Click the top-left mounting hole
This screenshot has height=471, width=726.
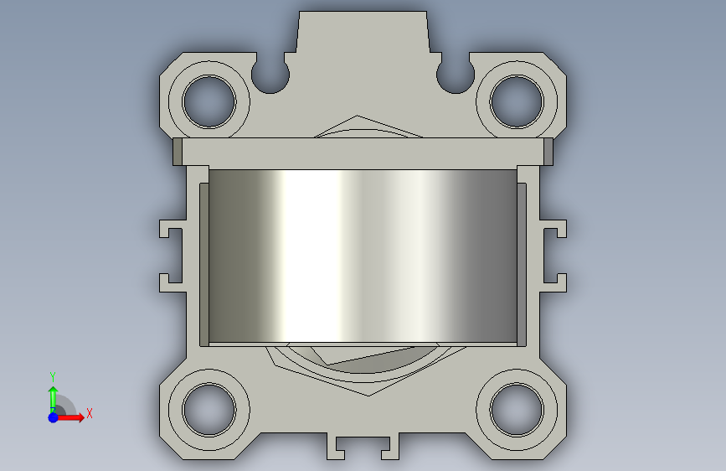[x=209, y=101]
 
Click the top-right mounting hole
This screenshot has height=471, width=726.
[x=517, y=101]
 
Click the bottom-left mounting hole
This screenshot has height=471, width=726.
[x=209, y=409]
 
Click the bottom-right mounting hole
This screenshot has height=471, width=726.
[x=517, y=409]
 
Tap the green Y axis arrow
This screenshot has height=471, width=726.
[x=53, y=398]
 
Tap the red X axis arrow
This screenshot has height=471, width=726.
[x=70, y=417]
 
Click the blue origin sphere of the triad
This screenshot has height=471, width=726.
[x=54, y=417]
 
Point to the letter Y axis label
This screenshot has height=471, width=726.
[x=53, y=376]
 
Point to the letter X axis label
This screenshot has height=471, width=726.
[x=90, y=413]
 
